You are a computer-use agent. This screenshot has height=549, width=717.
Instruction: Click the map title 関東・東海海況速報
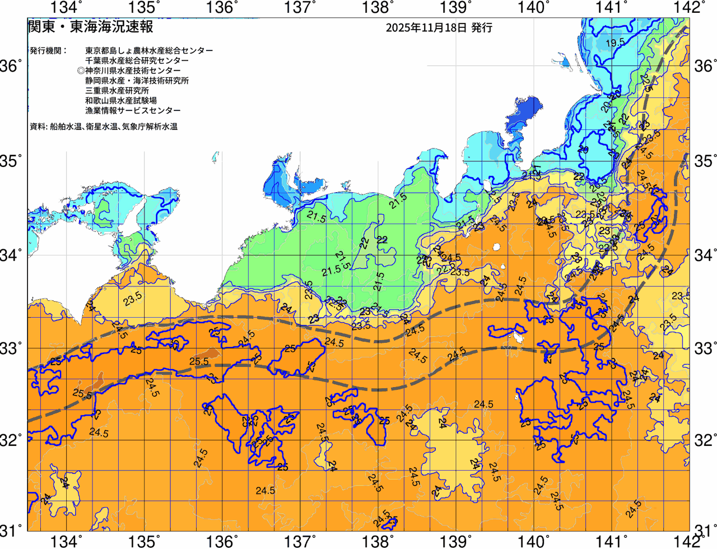point(90,26)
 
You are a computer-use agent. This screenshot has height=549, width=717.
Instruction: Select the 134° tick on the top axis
point(67,8)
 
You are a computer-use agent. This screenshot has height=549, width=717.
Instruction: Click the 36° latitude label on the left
point(11,67)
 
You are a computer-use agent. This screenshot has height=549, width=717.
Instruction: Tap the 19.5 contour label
point(615,43)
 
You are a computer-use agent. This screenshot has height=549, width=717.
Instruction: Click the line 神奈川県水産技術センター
point(133,71)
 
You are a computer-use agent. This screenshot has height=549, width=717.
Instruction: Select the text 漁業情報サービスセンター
point(133,111)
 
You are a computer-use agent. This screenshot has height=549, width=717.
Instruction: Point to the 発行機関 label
point(48,50)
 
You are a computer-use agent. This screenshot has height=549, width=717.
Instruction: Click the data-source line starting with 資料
point(104,127)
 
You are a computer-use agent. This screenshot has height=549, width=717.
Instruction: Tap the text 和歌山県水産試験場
point(121,101)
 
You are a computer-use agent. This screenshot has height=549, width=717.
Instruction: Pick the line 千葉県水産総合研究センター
point(137,61)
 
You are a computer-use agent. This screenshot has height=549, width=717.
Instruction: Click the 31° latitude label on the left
point(11,529)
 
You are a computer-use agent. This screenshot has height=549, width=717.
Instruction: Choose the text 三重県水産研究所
point(117,91)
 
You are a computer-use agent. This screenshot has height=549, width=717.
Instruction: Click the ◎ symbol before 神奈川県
point(81,71)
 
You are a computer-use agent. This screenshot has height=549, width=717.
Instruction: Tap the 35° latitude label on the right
point(705,161)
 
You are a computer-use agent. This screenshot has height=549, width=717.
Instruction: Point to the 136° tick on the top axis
point(222,8)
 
